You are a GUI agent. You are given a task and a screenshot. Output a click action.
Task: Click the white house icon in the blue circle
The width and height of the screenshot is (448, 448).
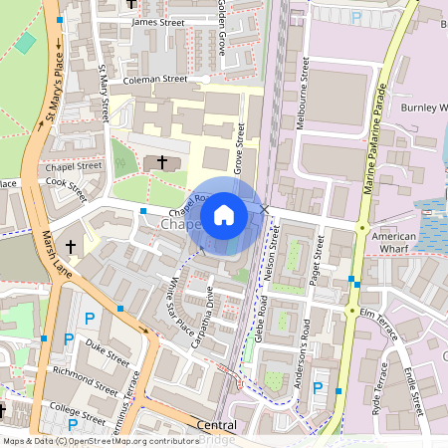point(224,214)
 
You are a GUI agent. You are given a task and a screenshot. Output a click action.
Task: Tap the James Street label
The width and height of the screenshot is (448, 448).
point(158,21)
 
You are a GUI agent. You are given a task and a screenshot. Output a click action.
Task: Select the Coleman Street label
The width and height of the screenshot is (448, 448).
point(154,79)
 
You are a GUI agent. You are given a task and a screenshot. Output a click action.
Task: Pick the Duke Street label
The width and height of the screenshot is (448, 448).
point(109,351)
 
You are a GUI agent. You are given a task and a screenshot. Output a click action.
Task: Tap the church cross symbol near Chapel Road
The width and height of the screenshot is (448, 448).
point(163,161)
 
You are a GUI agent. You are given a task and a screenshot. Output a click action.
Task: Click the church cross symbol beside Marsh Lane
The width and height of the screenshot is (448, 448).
point(71,245)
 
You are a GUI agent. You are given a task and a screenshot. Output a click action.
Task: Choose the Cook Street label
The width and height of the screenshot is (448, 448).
point(67,183)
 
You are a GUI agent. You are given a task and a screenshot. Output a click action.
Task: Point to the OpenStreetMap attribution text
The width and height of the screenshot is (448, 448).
point(100,440)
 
